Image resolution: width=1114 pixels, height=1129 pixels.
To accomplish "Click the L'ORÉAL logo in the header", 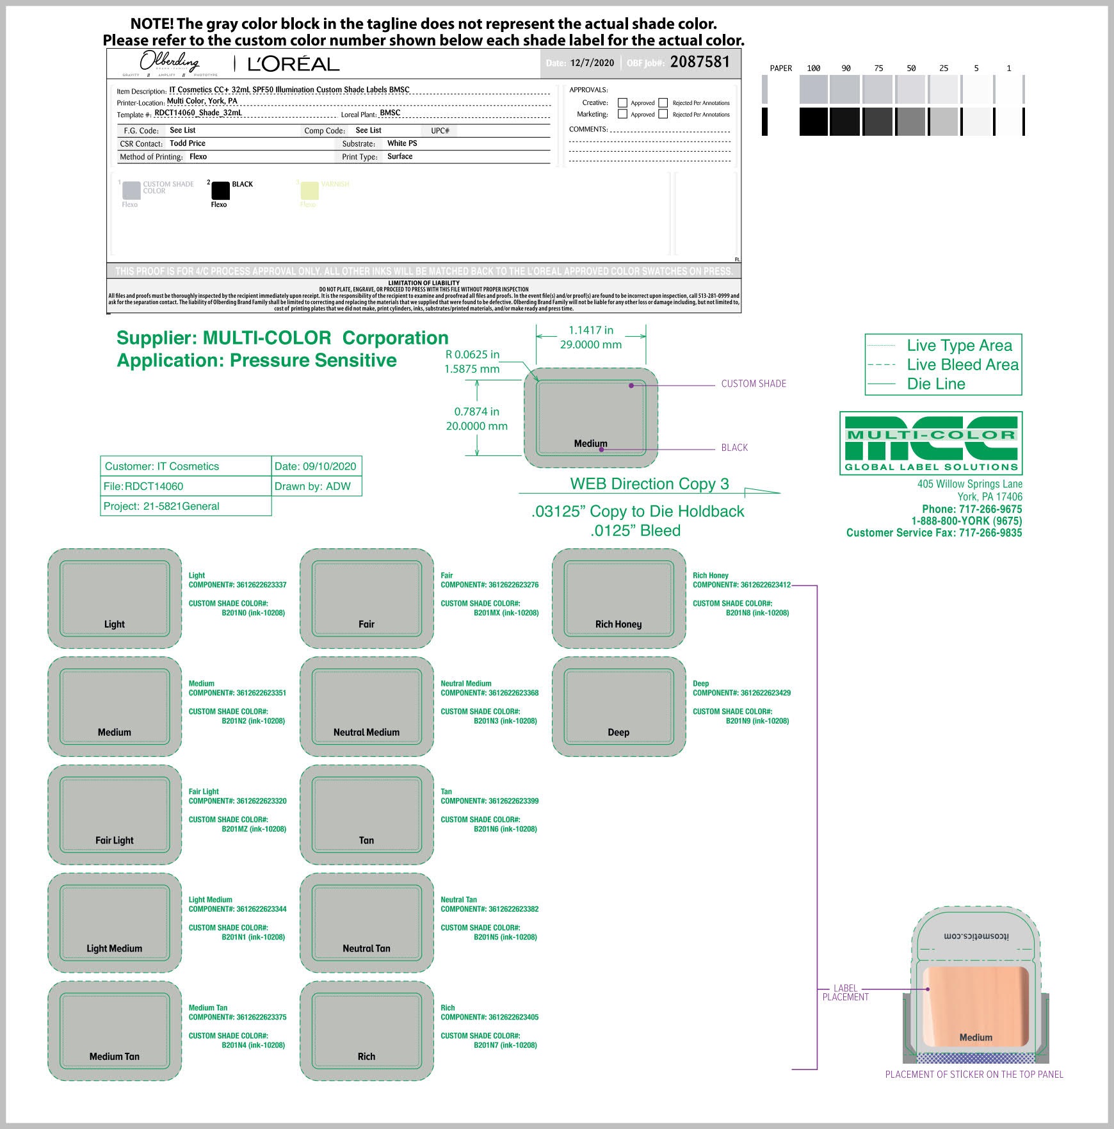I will [293, 64].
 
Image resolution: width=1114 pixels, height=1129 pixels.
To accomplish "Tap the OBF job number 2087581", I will [700, 62].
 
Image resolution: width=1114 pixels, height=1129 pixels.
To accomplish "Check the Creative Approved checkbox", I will [622, 102].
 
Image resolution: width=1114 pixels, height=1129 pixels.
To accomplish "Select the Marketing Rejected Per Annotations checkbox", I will [663, 114].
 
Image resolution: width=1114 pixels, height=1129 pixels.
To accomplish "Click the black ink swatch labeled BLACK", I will [220, 191].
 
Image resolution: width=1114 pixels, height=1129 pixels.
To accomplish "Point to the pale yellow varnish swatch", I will [309, 191].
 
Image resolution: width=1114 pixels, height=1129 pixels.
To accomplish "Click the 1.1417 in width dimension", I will [590, 330].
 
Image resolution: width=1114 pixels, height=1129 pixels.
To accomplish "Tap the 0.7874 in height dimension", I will [476, 412].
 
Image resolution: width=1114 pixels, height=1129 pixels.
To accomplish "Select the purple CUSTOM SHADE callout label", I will [754, 384].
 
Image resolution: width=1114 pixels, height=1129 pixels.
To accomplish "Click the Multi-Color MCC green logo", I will [931, 443].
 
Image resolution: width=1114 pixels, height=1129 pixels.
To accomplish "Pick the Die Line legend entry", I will [935, 384].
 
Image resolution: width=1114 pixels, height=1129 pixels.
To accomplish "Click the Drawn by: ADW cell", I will [313, 486].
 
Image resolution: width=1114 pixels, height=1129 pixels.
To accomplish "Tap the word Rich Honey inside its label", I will [618, 624].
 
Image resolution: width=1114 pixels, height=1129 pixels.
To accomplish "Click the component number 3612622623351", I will [261, 693].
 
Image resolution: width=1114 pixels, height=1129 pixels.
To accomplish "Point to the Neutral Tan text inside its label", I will [366, 948].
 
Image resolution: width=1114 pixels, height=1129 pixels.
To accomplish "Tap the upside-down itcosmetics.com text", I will [976, 936].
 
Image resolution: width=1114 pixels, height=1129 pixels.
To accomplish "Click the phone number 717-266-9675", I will [990, 509].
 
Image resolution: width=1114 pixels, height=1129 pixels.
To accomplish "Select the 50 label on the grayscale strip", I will [911, 69].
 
